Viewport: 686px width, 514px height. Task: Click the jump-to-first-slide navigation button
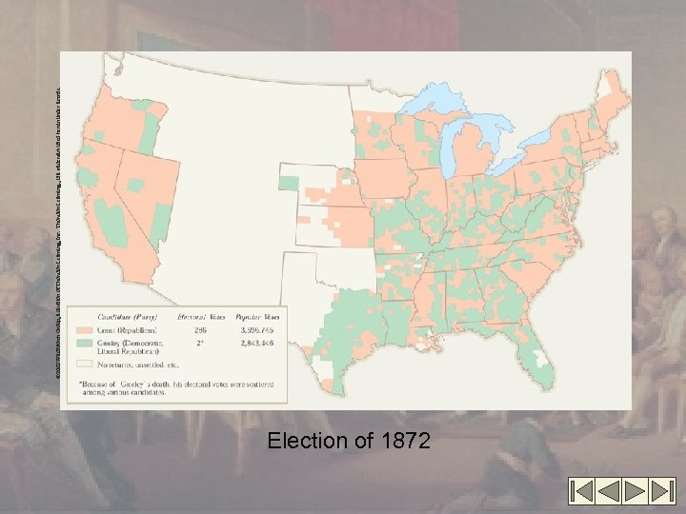582,490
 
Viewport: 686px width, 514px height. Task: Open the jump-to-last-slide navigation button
660,490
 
